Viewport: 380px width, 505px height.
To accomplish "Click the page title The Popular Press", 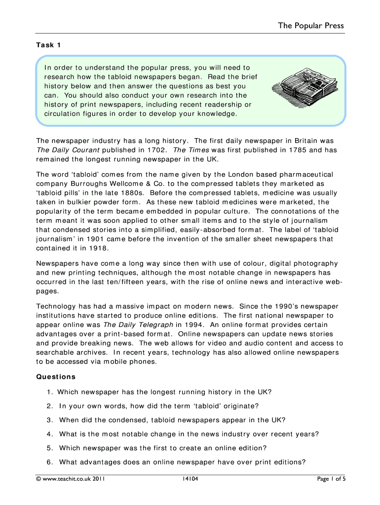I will [x=311, y=26].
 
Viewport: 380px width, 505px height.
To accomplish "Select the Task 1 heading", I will [x=48, y=45].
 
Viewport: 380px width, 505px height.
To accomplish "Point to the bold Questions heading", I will [x=56, y=377].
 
